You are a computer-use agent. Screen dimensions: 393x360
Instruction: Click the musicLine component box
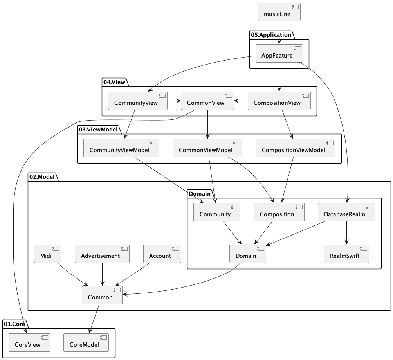pyautogui.click(x=279, y=12)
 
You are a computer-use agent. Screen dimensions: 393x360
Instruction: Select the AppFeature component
pyautogui.click(x=279, y=53)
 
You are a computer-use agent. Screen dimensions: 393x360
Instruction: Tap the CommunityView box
pyautogui.click(x=138, y=101)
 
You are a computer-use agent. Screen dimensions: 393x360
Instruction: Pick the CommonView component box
pyautogui.click(x=207, y=101)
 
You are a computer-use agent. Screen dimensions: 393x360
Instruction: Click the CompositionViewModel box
pyautogui.click(x=296, y=148)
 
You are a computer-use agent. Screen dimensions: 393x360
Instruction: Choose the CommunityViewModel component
pyautogui.click(x=121, y=148)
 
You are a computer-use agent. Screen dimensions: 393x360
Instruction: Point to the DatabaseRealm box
pyautogui.click(x=346, y=212)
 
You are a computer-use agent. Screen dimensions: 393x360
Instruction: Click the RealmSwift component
pyautogui.click(x=346, y=254)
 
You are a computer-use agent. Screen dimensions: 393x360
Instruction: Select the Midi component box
pyautogui.click(x=48, y=254)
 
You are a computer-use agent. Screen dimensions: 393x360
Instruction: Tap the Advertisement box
pyautogui.click(x=102, y=254)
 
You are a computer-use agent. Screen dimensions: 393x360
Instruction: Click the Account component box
pyautogui.click(x=162, y=254)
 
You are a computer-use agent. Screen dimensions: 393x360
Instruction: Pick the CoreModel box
pyautogui.click(x=86, y=342)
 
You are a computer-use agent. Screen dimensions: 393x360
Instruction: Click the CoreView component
pyautogui.click(x=29, y=342)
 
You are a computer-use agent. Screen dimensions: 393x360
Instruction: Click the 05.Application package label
pyautogui.click(x=271, y=35)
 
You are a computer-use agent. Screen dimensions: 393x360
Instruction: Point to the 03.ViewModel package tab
pyautogui.click(x=98, y=130)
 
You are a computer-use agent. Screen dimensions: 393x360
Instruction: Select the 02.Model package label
pyautogui.click(x=42, y=177)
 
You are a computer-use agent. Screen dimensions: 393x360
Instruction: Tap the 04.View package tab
pyautogui.click(x=114, y=82)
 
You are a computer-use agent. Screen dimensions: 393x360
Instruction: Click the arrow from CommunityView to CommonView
pyautogui.click(x=174, y=101)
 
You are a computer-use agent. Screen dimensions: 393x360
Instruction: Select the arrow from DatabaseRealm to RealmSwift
pyautogui.click(x=346, y=233)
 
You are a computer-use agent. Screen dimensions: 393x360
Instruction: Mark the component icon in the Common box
pyautogui.click(x=117, y=290)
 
